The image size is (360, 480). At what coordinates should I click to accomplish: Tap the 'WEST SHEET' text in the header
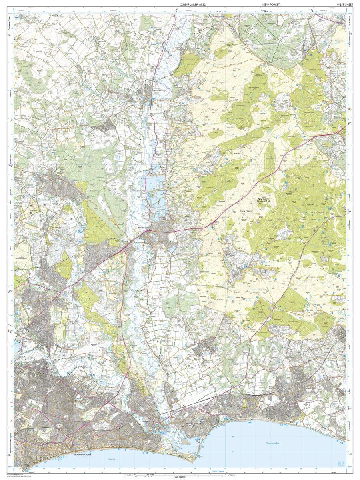[344, 4]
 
